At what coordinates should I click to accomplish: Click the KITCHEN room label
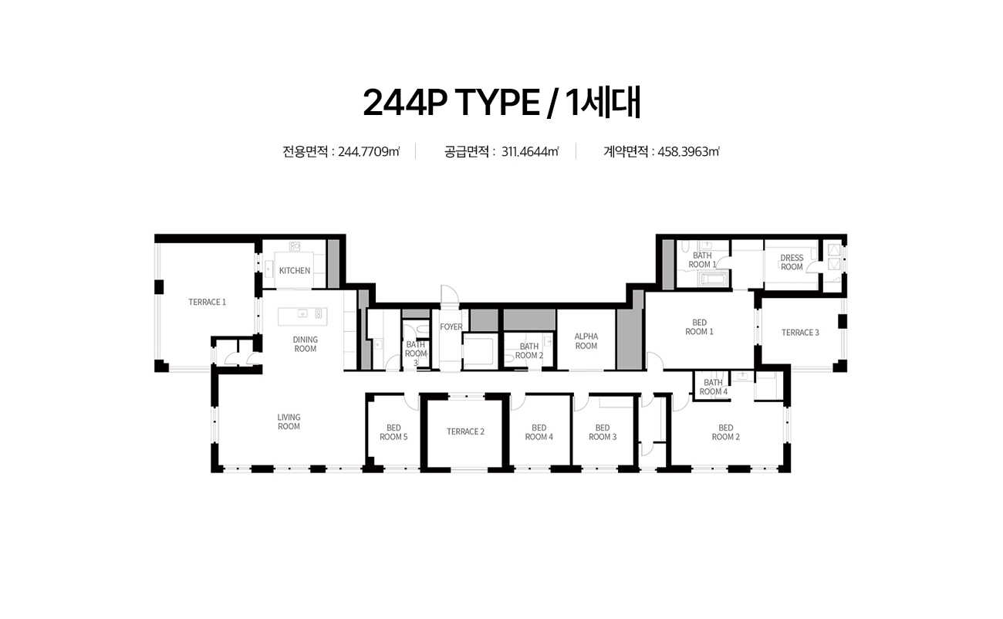[294, 271]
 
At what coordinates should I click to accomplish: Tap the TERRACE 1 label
[207, 302]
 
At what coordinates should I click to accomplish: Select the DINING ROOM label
[306, 344]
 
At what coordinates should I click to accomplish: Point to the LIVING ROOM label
[289, 421]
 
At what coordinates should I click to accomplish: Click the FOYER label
[451, 327]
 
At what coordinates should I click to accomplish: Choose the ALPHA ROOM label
[586, 341]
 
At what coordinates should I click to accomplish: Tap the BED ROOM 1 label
[699, 327]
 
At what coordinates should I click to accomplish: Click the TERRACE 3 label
[800, 333]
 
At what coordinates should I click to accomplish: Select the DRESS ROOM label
[792, 262]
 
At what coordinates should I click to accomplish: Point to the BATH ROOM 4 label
[714, 387]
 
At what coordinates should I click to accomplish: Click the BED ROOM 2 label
[726, 432]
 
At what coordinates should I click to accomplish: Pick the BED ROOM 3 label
[603, 432]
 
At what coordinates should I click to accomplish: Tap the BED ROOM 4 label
[539, 432]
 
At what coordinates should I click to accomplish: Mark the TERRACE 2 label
[465, 431]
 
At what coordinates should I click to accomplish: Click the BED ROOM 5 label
[393, 432]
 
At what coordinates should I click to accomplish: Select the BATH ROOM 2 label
[529, 350]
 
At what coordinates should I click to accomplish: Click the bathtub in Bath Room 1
[714, 279]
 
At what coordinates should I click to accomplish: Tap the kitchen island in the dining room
[302, 316]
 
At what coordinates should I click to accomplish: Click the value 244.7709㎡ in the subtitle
[369, 152]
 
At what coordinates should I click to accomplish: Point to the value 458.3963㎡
[689, 152]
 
